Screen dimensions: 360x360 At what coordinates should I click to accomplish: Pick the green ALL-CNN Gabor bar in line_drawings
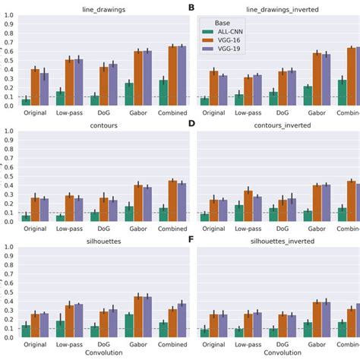point(129,94)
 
